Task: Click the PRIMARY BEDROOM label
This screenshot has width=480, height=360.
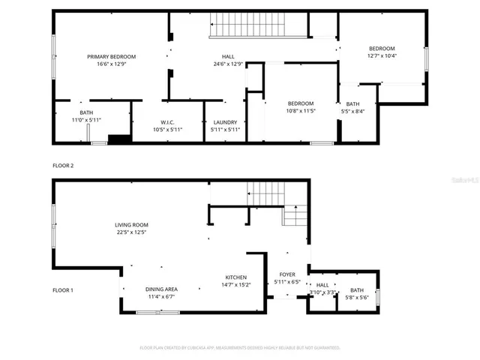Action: pyautogui.click(x=111, y=57)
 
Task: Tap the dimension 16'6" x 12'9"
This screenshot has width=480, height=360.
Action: pyautogui.click(x=111, y=65)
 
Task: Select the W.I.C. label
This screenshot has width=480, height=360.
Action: pyautogui.click(x=167, y=122)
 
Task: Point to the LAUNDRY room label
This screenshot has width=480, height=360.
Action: pyautogui.click(x=225, y=122)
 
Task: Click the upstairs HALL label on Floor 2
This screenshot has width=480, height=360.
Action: pyautogui.click(x=228, y=57)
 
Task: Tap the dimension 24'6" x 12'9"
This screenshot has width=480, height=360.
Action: pyautogui.click(x=228, y=65)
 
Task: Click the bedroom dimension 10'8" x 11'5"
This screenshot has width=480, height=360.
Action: pyautogui.click(x=301, y=111)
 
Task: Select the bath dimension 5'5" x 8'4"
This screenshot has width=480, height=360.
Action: pyautogui.click(x=352, y=112)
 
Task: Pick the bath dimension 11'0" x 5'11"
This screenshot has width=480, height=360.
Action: pyautogui.click(x=86, y=120)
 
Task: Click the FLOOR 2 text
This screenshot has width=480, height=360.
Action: pyautogui.click(x=63, y=165)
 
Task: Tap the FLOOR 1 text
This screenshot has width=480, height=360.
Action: pyautogui.click(x=63, y=289)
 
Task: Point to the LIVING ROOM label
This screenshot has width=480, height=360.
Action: pyautogui.click(x=131, y=224)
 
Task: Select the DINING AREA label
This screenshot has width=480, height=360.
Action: pyautogui.click(x=161, y=289)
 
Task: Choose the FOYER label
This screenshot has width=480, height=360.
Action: pyautogui.click(x=287, y=274)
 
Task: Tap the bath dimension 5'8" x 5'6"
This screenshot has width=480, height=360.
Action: pyautogui.click(x=356, y=298)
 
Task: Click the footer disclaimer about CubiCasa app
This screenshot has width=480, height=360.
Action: pyautogui.click(x=240, y=348)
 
